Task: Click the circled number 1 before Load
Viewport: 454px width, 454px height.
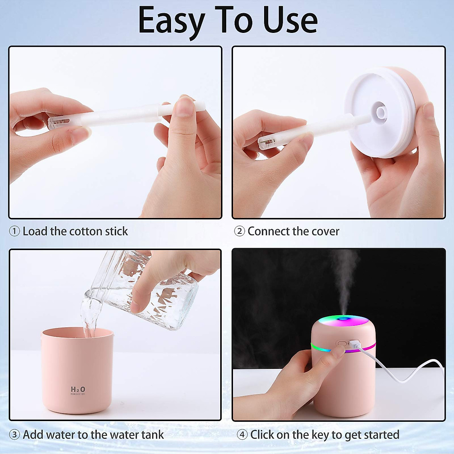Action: (x=14, y=231)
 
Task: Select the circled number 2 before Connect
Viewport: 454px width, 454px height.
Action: (x=239, y=231)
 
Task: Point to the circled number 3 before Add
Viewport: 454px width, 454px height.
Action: (x=14, y=435)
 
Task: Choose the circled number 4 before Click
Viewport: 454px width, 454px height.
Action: (x=242, y=435)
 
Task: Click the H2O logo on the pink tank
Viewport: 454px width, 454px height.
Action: (x=78, y=390)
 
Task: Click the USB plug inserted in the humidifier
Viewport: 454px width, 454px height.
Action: (x=355, y=345)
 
